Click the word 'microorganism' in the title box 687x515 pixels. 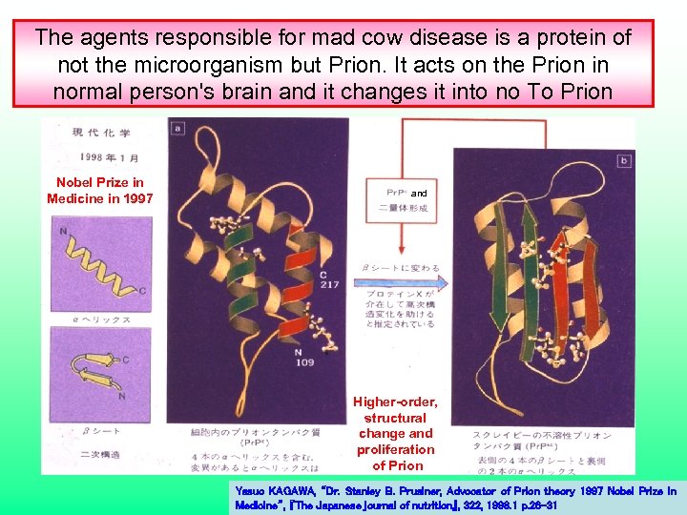click(173, 65)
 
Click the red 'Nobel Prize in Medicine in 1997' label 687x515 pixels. click(100, 190)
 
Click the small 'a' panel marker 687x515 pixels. click(177, 127)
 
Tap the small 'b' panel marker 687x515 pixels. click(624, 160)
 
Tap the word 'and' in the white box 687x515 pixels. click(420, 192)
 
